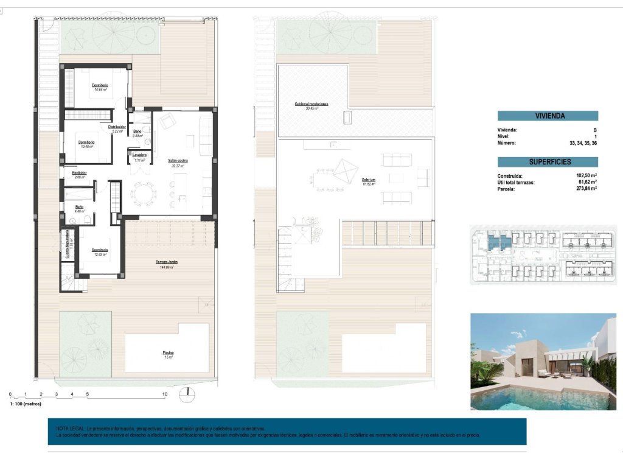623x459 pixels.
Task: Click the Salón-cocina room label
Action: point(178,161)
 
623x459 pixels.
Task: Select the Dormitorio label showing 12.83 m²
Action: point(100,250)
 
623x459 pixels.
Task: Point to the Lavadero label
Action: point(139,155)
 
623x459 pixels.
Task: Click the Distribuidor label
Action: point(117,127)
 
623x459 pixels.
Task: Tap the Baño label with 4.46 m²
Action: point(79,207)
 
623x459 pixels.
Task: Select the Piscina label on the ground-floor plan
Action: point(168,352)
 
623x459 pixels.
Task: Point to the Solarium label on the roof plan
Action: point(368,180)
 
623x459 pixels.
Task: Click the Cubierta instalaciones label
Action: point(311,104)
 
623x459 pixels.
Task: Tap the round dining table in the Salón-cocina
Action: point(143,194)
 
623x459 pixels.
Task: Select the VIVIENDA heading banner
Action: point(548,116)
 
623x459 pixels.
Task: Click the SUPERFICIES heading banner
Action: point(548,162)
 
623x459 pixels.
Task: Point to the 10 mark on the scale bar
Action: point(164,394)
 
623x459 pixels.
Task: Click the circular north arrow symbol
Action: point(188,394)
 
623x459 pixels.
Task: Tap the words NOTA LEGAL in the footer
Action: point(69,429)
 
